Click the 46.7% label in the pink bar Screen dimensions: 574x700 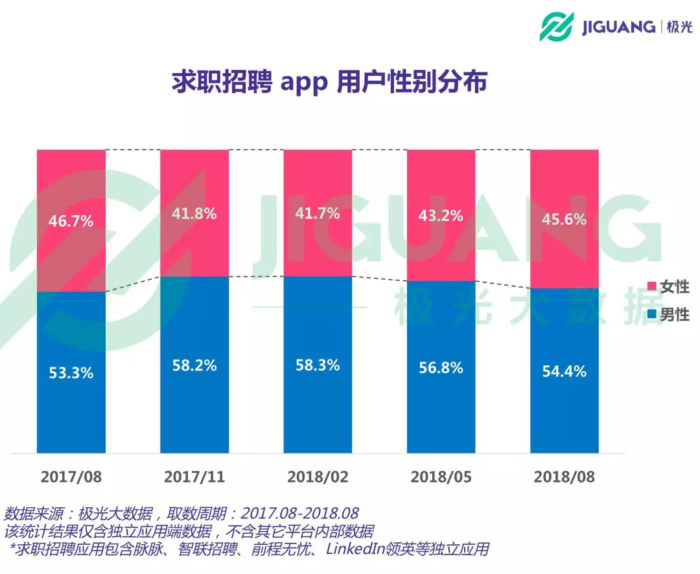tap(71, 221)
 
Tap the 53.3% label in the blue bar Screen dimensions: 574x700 tap(71, 373)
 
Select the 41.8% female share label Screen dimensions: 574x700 tap(194, 213)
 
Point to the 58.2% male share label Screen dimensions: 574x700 tap(194, 365)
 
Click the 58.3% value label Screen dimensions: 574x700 tap(317, 365)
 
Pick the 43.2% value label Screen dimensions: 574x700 tap(441, 215)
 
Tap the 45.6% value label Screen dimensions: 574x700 tap(564, 220)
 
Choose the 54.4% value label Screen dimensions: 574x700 tap(564, 371)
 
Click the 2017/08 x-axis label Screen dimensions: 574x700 tap(71, 477)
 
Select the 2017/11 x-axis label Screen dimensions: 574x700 tap(194, 477)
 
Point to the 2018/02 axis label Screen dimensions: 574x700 tap(317, 477)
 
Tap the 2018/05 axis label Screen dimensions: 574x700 tap(441, 477)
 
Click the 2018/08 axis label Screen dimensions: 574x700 tap(564, 477)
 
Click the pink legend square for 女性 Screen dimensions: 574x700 tap(651, 287)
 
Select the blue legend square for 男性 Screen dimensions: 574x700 tap(651, 315)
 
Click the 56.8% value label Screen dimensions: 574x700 tap(441, 367)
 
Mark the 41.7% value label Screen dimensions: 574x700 tap(317, 213)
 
